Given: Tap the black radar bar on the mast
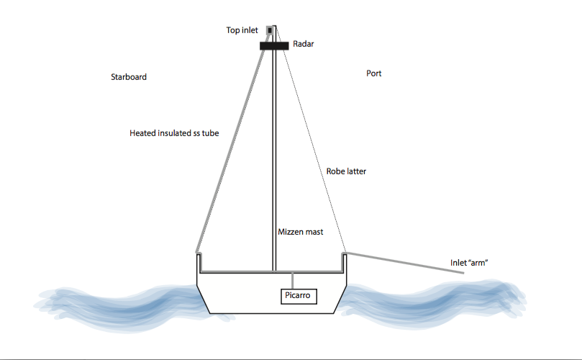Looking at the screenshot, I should click(x=274, y=45).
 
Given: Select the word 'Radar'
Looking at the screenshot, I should click(x=304, y=44).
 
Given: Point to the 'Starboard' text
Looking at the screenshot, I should click(x=129, y=77).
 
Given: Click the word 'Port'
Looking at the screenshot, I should click(x=373, y=73).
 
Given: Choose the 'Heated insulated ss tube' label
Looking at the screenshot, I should click(x=174, y=133).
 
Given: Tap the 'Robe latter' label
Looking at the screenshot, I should click(x=346, y=171).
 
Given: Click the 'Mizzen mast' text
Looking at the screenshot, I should click(x=301, y=232).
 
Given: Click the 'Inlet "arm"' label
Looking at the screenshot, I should click(x=468, y=263).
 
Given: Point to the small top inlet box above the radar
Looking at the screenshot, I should click(x=271, y=31).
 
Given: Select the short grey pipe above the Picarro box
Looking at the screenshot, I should click(x=293, y=280).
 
